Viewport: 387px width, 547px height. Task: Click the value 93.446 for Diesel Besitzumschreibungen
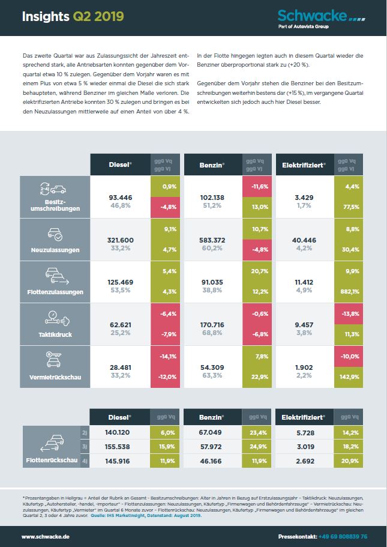(120, 197)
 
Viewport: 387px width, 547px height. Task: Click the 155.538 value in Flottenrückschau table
(120, 447)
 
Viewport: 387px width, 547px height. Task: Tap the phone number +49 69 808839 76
(343, 536)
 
